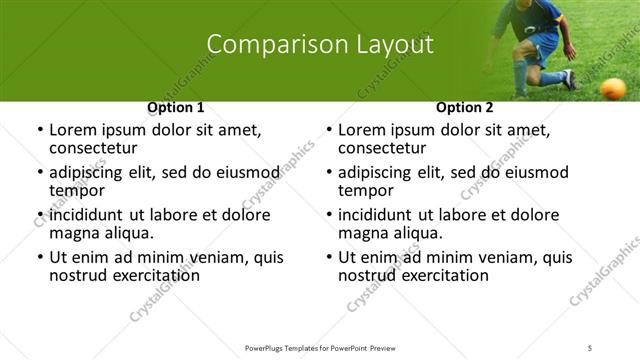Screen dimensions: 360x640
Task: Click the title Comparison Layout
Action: pos(320,45)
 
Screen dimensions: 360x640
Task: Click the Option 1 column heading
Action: pos(176,107)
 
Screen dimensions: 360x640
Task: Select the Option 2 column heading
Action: pos(465,107)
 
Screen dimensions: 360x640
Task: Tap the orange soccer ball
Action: pos(612,88)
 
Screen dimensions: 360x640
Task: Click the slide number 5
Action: pos(590,347)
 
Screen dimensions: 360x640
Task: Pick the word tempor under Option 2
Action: pos(366,191)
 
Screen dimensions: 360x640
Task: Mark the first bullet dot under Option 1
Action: pos(39,130)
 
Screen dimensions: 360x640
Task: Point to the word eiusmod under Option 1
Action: pos(238,172)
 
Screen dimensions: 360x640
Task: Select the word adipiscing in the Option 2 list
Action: pos(380,172)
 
